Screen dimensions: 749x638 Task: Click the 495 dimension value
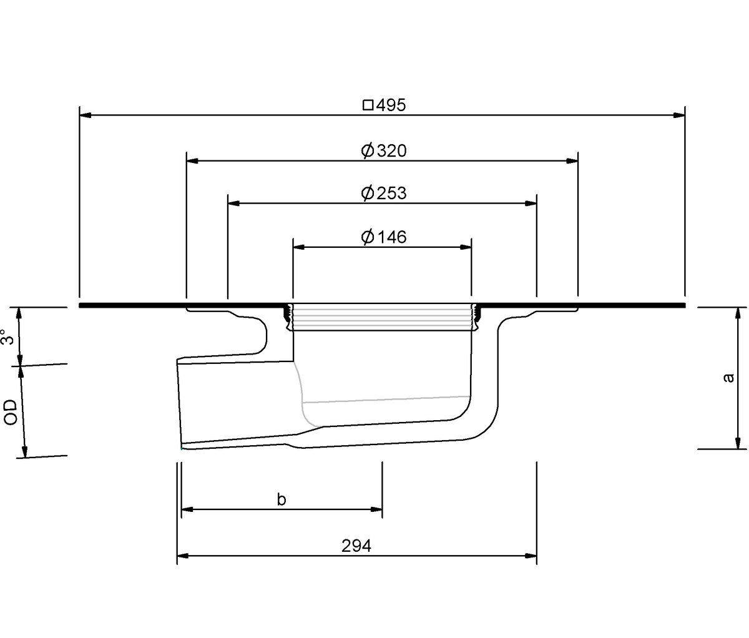click(391, 105)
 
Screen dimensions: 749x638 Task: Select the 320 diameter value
click(392, 150)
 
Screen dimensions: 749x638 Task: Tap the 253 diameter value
click(392, 193)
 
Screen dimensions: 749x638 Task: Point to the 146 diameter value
click(392, 237)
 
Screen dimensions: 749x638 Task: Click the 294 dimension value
click(356, 546)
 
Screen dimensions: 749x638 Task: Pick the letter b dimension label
click(281, 499)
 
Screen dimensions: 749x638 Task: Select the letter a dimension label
click(728, 378)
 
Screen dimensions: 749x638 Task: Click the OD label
click(11, 412)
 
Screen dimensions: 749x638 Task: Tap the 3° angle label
click(7, 336)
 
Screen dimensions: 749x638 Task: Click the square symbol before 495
click(368, 105)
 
